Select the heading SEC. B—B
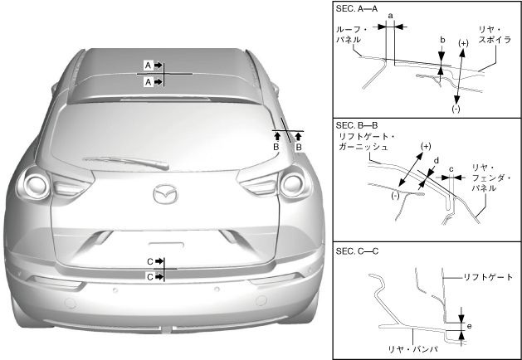click(x=359, y=124)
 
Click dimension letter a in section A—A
click(x=390, y=16)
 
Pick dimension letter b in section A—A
click(x=442, y=39)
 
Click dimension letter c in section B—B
click(x=451, y=169)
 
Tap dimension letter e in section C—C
click(x=469, y=326)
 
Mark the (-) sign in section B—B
click(x=395, y=195)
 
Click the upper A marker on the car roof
click(x=150, y=64)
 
